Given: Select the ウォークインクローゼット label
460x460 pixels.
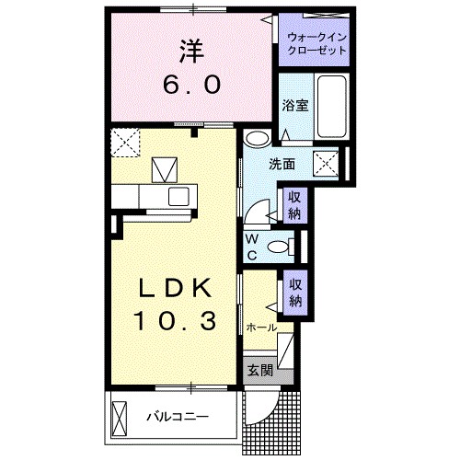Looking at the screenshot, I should tap(316, 43).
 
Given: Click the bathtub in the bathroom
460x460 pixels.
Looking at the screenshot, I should tap(332, 106).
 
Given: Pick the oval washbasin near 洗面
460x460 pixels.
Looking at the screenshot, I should tap(259, 139).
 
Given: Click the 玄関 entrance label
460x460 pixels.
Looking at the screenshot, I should tap(260, 371).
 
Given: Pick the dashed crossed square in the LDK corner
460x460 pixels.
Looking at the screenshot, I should tap(123, 143).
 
